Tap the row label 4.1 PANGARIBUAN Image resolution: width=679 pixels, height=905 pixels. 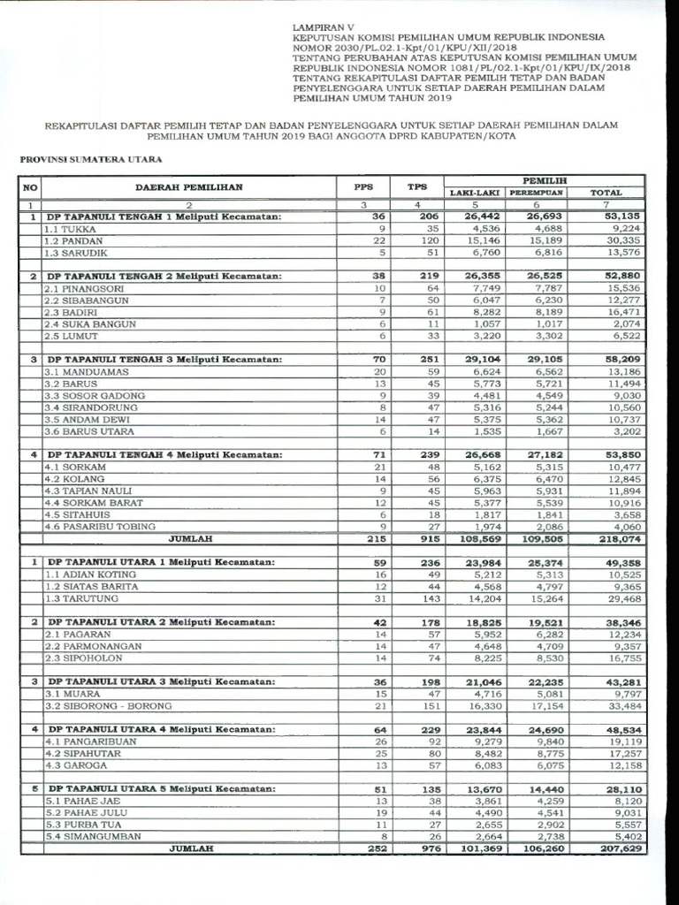90,742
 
